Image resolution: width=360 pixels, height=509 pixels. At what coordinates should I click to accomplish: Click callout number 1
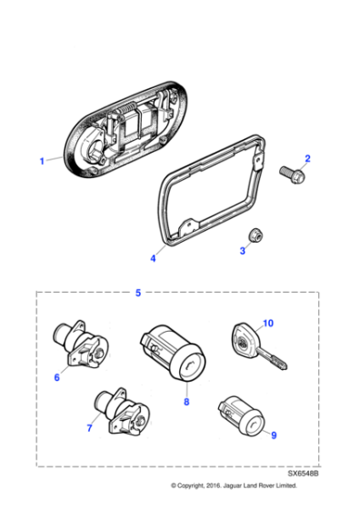pos(42,161)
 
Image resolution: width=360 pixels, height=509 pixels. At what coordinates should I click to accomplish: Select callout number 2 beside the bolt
pos(307,159)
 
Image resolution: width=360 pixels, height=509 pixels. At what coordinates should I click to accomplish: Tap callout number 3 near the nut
pos(242,250)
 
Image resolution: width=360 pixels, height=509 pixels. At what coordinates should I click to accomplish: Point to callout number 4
pos(153,258)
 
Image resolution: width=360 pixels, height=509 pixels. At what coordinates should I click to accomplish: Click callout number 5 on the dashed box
pos(137,293)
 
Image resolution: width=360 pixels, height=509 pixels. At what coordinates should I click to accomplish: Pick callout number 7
pos(89,428)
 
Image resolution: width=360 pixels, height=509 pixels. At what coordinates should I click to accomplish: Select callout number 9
pos(274,434)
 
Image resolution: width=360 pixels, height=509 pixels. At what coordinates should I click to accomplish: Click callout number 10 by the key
pos(267,323)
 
